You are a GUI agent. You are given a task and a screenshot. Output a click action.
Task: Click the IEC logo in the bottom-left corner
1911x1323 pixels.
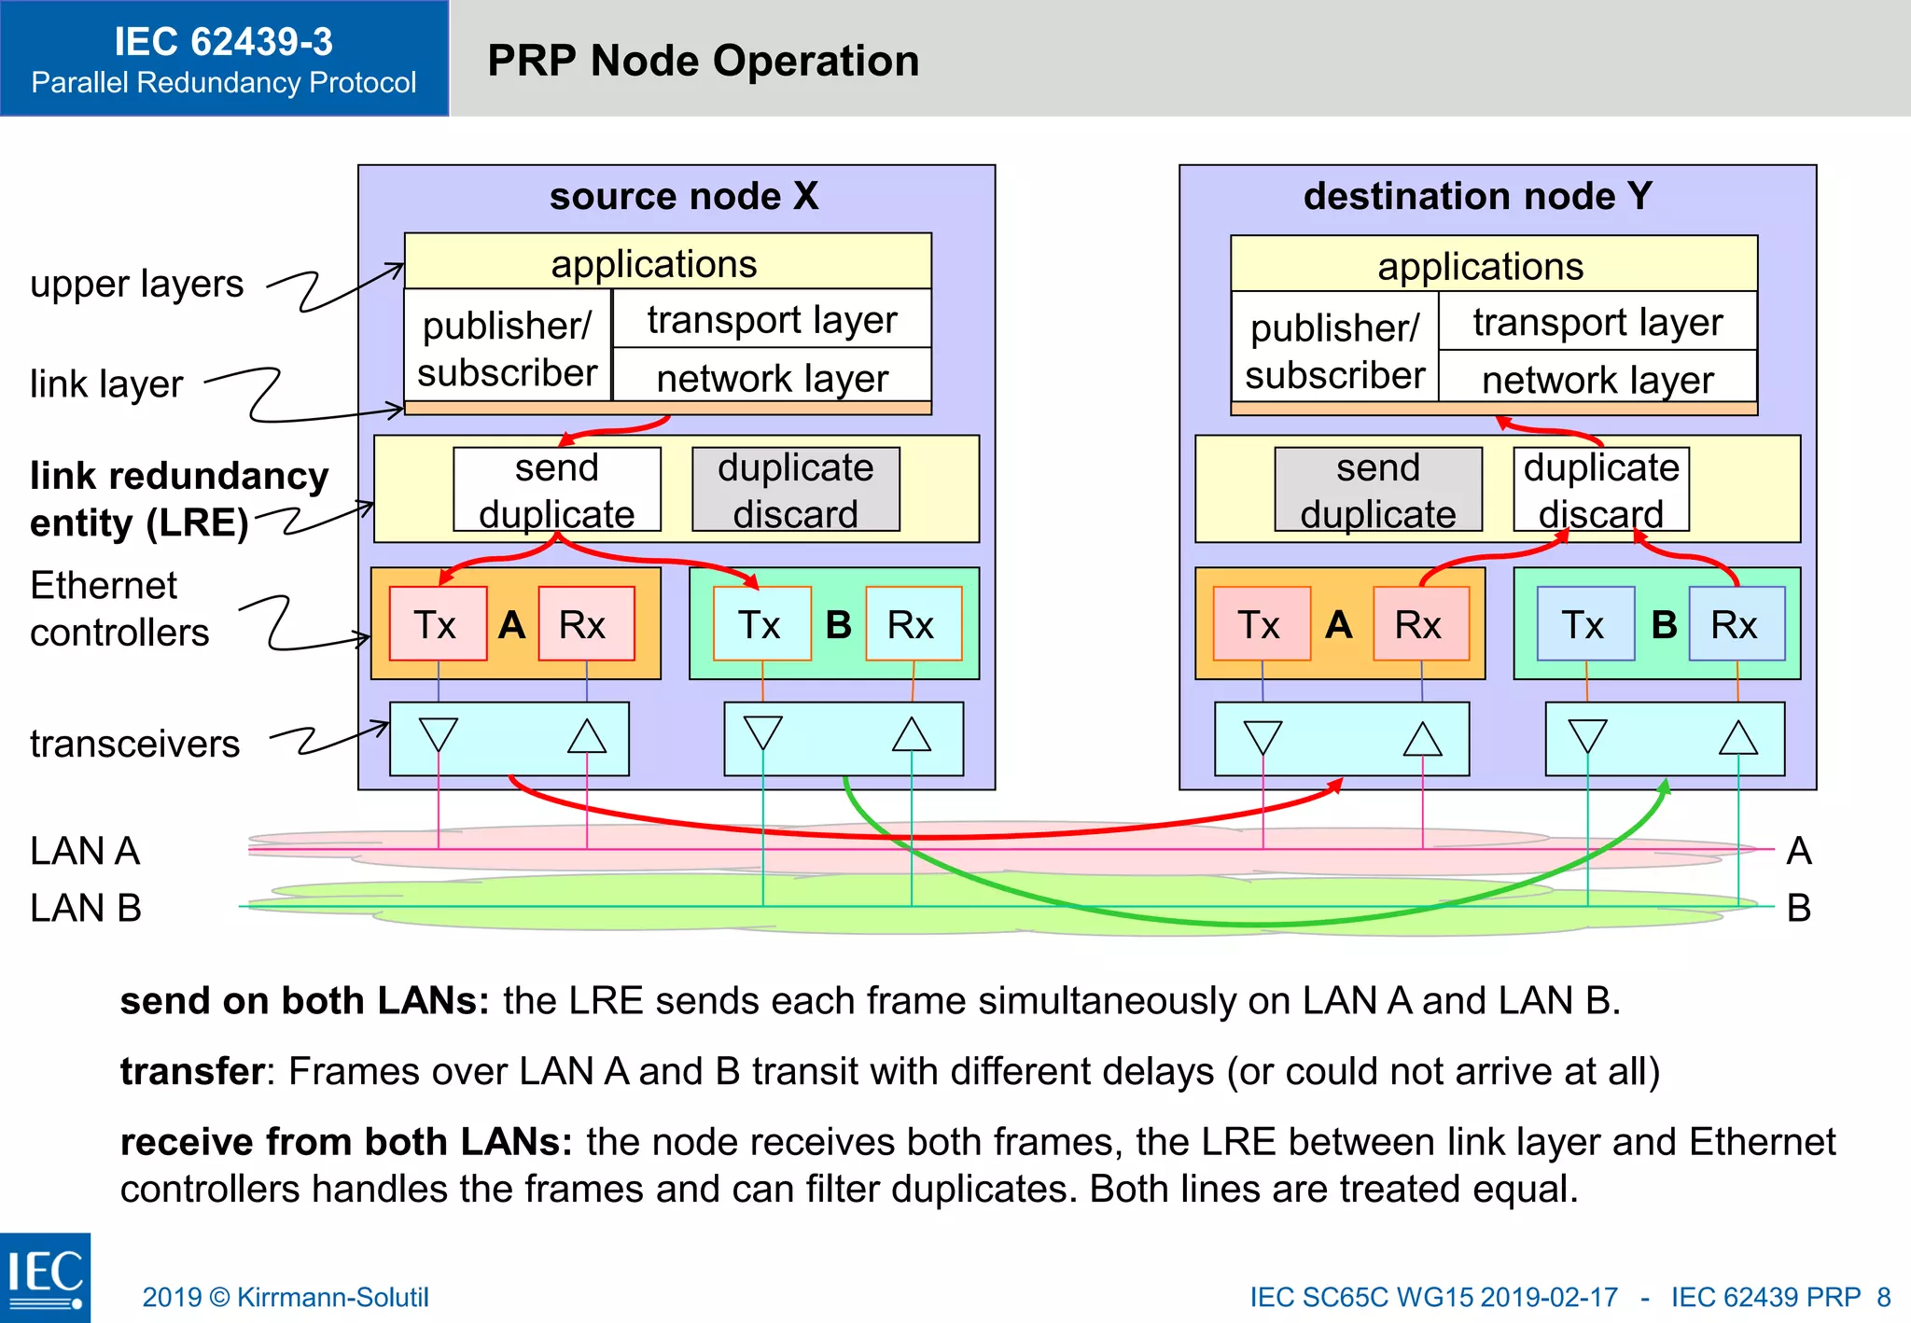45,1276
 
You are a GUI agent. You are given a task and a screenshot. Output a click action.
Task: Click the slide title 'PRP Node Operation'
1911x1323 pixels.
703,61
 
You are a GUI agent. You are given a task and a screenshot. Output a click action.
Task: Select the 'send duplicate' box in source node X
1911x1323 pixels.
556,490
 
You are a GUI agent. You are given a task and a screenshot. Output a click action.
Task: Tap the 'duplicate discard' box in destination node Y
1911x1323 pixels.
1600,490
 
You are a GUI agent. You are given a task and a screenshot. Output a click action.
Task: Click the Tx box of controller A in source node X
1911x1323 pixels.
437,624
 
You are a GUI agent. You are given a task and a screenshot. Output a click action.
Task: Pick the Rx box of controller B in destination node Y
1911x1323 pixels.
1736,624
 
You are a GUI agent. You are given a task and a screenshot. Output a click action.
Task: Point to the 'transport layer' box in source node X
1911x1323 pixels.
772,319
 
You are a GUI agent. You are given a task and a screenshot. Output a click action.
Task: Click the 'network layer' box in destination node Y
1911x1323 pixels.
1597,379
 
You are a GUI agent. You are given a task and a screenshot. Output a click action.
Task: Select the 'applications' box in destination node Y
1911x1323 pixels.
1493,266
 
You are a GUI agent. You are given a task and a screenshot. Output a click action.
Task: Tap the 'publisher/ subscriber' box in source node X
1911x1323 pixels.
508,347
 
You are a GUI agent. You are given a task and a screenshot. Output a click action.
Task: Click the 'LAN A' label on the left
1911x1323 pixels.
85,851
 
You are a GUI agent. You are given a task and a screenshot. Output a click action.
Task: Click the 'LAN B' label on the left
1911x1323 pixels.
85,908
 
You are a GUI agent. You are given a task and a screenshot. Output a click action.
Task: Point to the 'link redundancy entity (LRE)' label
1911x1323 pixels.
177,498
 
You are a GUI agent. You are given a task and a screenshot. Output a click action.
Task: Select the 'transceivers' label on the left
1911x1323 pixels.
134,744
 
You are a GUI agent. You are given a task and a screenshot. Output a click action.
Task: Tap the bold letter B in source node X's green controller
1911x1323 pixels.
838,624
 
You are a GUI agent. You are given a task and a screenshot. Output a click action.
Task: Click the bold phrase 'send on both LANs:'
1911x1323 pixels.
304,1000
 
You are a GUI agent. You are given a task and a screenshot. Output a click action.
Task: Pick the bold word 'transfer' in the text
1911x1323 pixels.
192,1071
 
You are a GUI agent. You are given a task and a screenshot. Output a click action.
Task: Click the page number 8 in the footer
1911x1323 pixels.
1883,1297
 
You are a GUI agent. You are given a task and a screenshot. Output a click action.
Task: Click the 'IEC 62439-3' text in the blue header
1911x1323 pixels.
223,42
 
